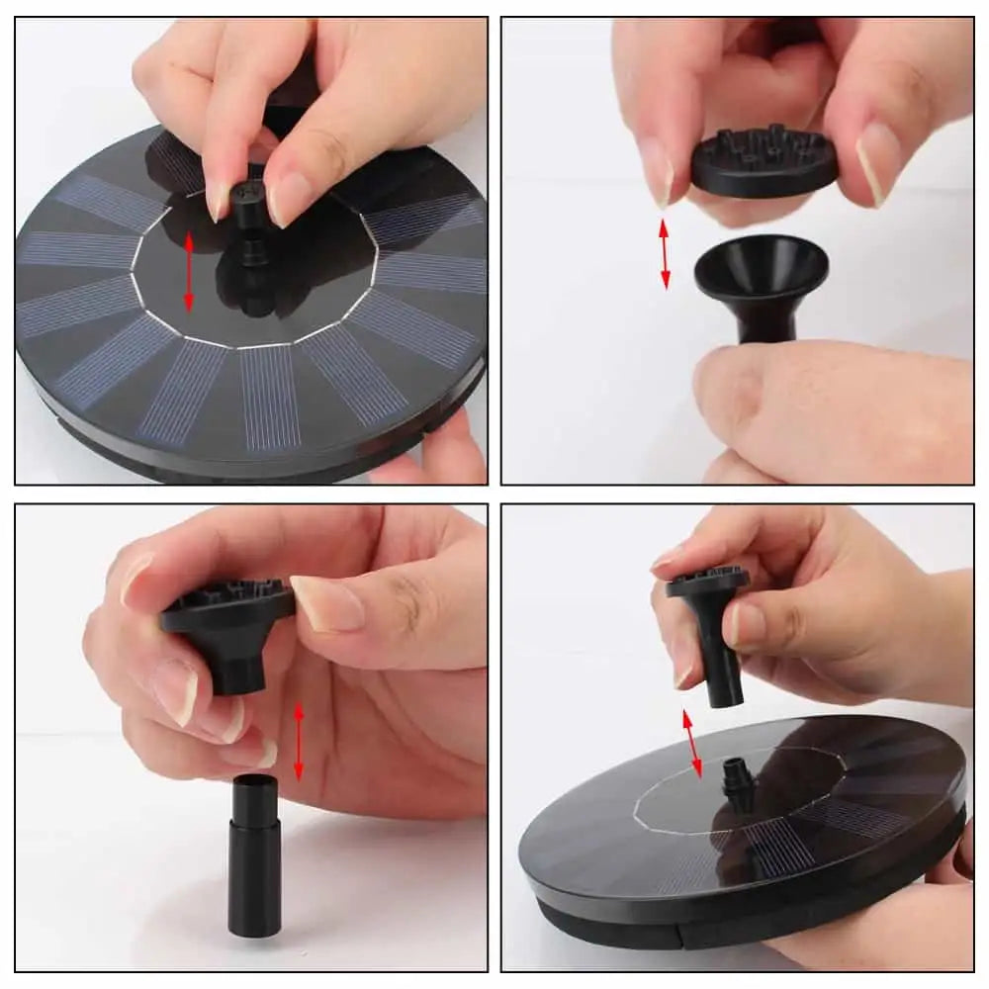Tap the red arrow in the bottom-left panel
299,742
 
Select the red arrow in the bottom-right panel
692,742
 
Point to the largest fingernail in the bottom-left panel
326,603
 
